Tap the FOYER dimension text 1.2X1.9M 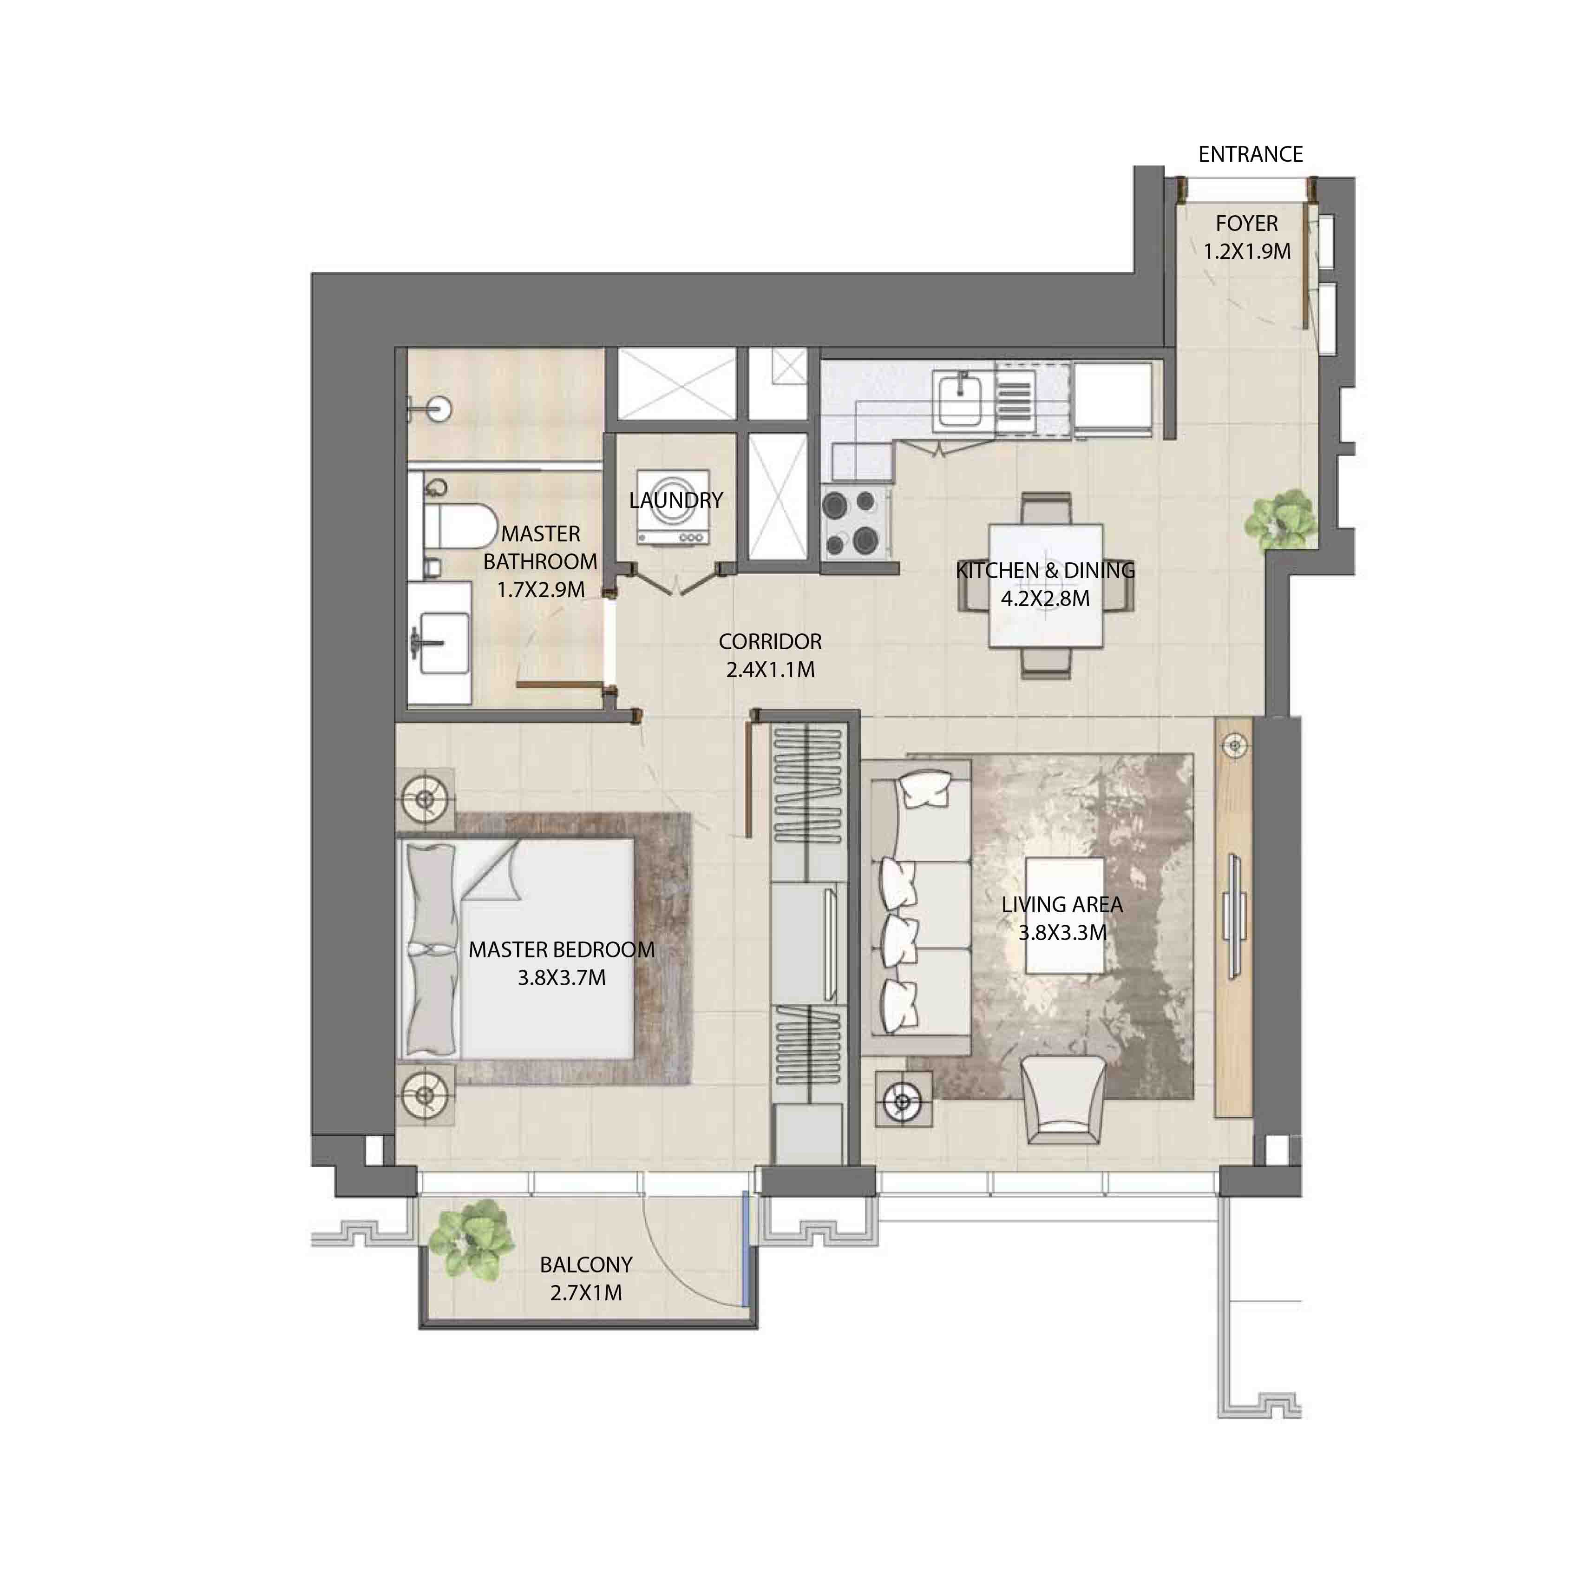pyautogui.click(x=1246, y=251)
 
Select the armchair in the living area pyautogui.click(x=1063, y=1100)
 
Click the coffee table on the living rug pyautogui.click(x=1065, y=915)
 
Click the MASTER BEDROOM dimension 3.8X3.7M pyautogui.click(x=562, y=979)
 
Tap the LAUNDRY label pyautogui.click(x=675, y=500)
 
